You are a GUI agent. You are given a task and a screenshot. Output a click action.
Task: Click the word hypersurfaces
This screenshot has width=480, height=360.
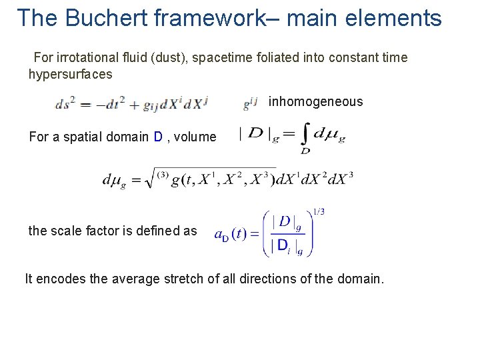71,74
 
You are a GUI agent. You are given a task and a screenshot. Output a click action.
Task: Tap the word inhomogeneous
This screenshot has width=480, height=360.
315,102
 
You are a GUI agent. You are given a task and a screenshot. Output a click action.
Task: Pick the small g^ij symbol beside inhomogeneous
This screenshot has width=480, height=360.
250,103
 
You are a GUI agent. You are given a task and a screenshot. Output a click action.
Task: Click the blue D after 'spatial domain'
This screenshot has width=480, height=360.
158,137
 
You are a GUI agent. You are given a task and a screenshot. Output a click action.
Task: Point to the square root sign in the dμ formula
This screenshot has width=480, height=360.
149,178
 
